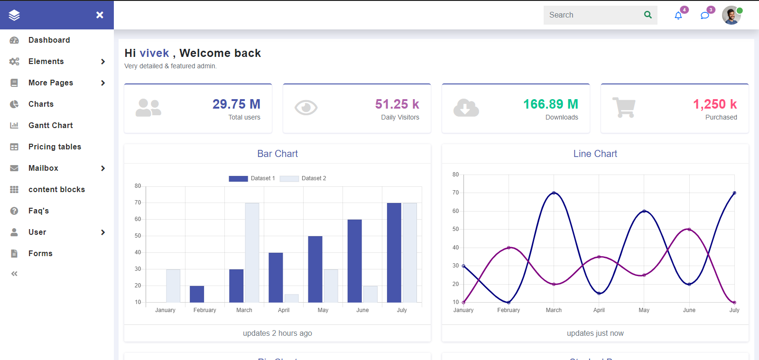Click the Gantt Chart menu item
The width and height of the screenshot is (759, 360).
[x=50, y=125]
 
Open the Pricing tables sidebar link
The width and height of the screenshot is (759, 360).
[x=55, y=147]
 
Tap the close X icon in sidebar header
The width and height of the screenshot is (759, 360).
[x=100, y=15]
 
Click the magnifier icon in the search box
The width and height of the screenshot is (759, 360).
[x=648, y=15]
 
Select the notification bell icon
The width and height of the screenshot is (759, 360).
[x=678, y=16]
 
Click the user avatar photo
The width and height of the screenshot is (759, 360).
[x=731, y=15]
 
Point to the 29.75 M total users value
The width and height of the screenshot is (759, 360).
[x=236, y=104]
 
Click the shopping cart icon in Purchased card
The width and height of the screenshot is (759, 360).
[x=624, y=108]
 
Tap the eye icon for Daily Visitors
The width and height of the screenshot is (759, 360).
[x=306, y=108]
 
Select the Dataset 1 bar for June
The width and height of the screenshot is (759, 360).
[x=354, y=261]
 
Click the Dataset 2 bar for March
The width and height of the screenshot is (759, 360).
[x=252, y=252]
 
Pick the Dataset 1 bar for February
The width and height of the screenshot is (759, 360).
[x=197, y=294]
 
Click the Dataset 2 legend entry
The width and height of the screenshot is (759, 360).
[x=303, y=178]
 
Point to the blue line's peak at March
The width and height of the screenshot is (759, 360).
[x=554, y=193]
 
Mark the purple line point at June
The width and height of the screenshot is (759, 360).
[x=689, y=230]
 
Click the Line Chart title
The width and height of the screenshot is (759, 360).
[x=595, y=154]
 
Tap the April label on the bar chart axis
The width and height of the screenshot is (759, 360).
[x=284, y=310]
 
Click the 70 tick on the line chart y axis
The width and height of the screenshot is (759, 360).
[x=455, y=193]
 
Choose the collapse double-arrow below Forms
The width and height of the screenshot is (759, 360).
[x=14, y=274]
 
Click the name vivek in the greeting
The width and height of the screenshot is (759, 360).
[x=154, y=53]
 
